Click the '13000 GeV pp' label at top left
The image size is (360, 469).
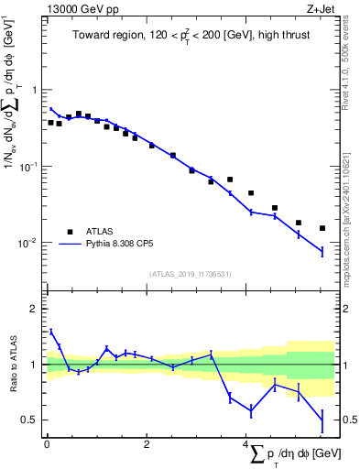(76, 8)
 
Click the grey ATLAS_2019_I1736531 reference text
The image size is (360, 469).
(190, 274)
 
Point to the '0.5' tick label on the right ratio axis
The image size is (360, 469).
(346, 420)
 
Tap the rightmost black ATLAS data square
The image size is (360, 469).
(322, 228)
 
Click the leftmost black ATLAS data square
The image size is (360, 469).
(50, 122)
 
